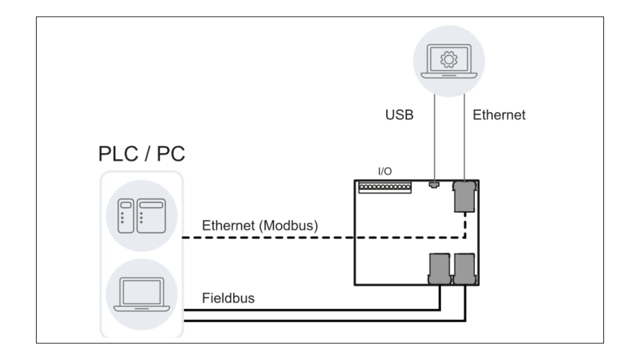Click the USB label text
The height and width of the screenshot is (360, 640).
pyautogui.click(x=399, y=115)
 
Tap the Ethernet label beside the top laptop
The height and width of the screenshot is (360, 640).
pyautogui.click(x=499, y=115)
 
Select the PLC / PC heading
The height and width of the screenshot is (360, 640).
pyautogui.click(x=142, y=154)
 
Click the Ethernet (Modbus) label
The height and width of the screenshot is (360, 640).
pyautogui.click(x=260, y=226)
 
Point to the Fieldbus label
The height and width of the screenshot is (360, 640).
pyautogui.click(x=228, y=298)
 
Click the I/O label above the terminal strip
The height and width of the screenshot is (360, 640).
pyautogui.click(x=385, y=171)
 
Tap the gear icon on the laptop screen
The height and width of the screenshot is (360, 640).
pyautogui.click(x=449, y=60)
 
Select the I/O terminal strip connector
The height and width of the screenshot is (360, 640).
pyautogui.click(x=385, y=187)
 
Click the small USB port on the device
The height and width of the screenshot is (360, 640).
pyautogui.click(x=434, y=184)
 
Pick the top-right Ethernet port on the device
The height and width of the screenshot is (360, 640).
pyautogui.click(x=464, y=197)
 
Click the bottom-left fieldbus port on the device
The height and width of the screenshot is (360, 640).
pyautogui.click(x=440, y=269)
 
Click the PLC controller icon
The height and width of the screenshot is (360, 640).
pyautogui.click(x=142, y=216)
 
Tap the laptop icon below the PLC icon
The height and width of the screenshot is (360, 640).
pyautogui.click(x=142, y=295)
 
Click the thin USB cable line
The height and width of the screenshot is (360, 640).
pyautogui.click(x=434, y=140)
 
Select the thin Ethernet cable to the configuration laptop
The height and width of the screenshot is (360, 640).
pyautogui.click(x=465, y=140)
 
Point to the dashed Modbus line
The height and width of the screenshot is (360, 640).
pyautogui.click(x=267, y=238)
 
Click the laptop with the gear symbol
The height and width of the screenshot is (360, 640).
pyautogui.click(x=449, y=62)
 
